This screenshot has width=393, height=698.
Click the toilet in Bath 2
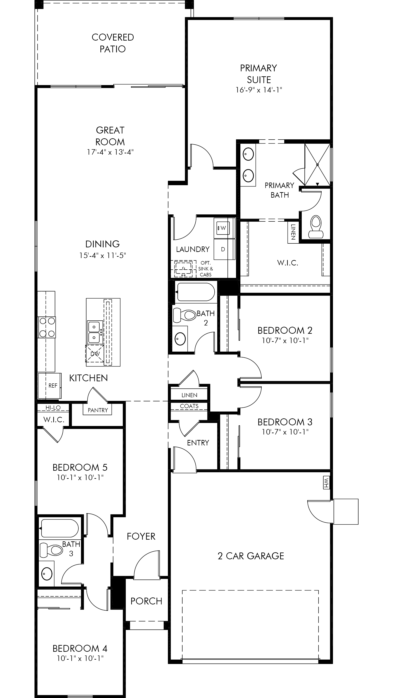click(x=185, y=315)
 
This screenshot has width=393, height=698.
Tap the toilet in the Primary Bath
click(x=316, y=227)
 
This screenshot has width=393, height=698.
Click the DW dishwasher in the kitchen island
click(x=95, y=353)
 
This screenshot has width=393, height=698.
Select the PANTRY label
click(x=98, y=410)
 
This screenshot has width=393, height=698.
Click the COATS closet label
click(x=189, y=406)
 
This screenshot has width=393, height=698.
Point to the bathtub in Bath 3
click(x=59, y=528)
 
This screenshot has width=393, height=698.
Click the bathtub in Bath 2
click(x=195, y=292)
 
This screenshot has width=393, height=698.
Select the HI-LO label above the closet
click(x=53, y=407)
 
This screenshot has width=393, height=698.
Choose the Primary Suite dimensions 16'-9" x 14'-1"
click(x=259, y=90)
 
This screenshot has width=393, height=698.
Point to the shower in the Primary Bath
click(x=317, y=164)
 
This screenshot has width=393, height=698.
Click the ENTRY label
click(x=198, y=443)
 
